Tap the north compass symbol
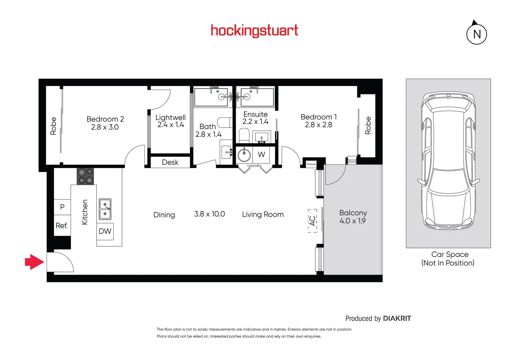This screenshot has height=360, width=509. point(476,34)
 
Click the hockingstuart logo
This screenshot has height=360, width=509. point(254,31)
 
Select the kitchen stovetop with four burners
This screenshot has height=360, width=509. point(85,176)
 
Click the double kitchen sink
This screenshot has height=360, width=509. point(105,209)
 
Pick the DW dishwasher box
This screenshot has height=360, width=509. point(105,231)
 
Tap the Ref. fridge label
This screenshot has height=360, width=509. point(62,226)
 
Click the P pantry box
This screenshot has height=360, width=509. point(62,207)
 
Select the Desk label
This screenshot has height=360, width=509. point(170,162)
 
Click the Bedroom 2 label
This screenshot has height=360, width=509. point(105,119)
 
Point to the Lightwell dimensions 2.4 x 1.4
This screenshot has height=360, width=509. point(171,125)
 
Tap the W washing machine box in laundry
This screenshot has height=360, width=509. point(261,155)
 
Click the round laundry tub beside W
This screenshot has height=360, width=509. point(244,155)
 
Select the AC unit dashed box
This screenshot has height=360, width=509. point(312,220)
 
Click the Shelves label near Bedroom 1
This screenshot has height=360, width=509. point(311,164)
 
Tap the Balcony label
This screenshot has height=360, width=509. point(353,213)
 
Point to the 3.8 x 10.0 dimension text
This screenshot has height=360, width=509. point(209,214)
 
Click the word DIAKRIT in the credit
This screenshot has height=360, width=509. point(397,318)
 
